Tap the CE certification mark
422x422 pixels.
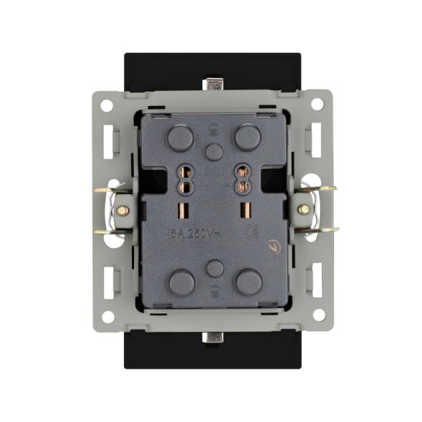251,231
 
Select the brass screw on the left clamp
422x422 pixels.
123,211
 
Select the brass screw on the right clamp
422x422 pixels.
304,209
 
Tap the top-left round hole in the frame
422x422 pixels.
106,105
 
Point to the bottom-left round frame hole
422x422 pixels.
107,316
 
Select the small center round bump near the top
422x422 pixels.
213,151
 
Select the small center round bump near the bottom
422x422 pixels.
213,268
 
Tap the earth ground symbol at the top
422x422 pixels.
213,129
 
